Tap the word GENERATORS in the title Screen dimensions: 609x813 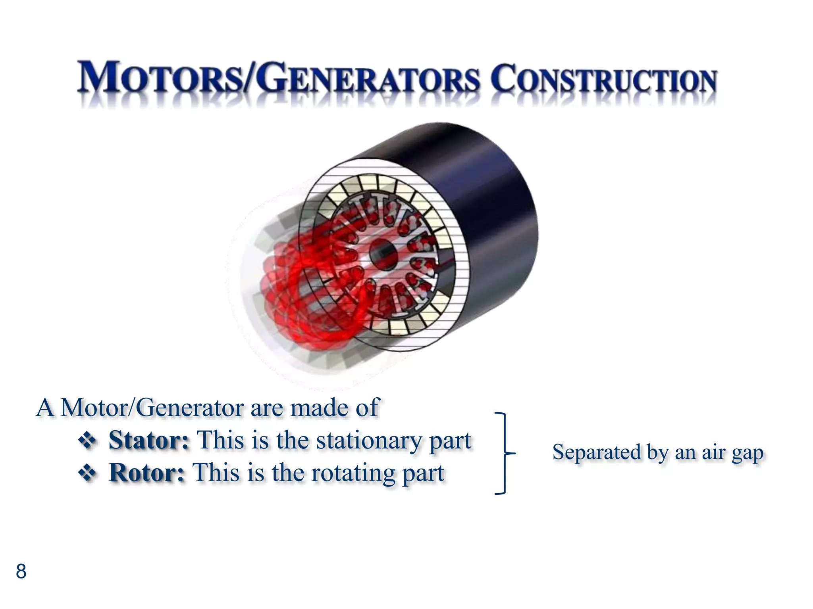tap(368, 78)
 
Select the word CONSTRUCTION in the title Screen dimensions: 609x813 tap(603, 79)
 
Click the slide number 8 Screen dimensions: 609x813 tap(21, 571)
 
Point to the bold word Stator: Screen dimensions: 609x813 tap(149, 440)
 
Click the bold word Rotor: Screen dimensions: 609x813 tap(147, 473)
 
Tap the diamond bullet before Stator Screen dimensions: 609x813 tap(87, 440)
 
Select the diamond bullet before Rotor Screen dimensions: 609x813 tap(87, 473)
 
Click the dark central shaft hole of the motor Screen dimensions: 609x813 tap(383, 254)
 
